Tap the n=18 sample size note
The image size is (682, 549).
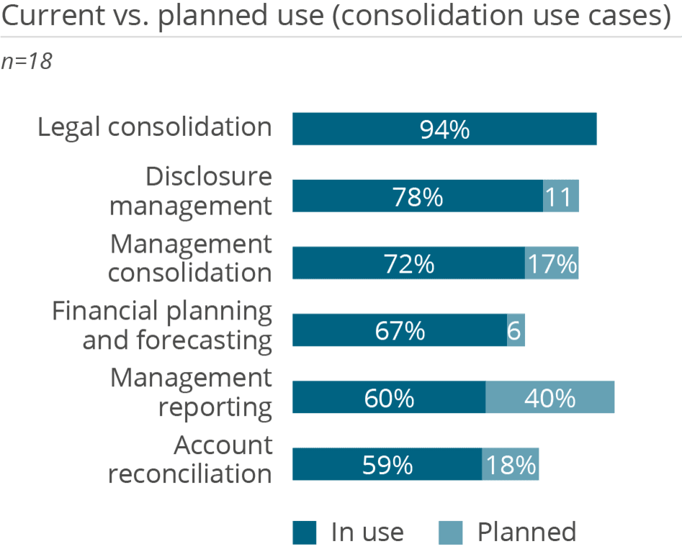pos(27,62)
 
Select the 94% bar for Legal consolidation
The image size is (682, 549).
pos(444,130)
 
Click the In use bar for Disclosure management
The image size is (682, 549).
pos(417,196)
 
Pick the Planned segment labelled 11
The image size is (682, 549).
pos(561,196)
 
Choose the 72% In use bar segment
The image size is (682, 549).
pos(408,263)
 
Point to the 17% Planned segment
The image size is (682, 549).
pos(552,263)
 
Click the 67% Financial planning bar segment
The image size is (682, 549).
pos(399,331)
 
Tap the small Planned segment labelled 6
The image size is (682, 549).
pos(516,331)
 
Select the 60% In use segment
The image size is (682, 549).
pos(388,398)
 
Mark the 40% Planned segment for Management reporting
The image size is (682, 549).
pos(550,398)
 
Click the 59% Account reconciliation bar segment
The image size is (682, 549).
pos(387,465)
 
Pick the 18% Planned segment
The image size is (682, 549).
pos(511,465)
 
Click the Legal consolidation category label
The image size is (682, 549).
pos(155,127)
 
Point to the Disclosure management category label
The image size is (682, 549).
pos(191,191)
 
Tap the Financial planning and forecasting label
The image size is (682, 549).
pos(162,325)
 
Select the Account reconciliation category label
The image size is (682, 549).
pos(190,460)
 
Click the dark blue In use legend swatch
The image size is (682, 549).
pos(304,533)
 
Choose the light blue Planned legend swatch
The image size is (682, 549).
pos(451,533)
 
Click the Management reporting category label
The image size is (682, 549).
pos(191,392)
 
